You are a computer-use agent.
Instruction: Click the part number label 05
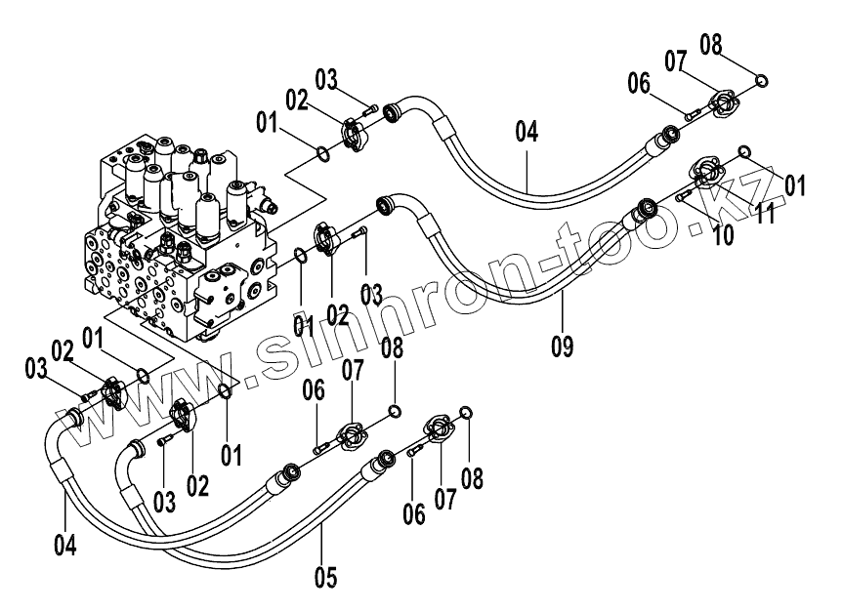click(x=325, y=577)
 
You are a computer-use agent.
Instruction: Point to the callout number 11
click(x=765, y=215)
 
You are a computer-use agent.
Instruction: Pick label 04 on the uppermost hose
click(x=527, y=132)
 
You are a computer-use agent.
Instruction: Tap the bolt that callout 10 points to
click(x=684, y=197)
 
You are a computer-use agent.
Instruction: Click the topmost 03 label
click(x=325, y=78)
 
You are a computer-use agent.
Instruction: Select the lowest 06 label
click(x=413, y=513)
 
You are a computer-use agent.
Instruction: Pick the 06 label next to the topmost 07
click(x=639, y=84)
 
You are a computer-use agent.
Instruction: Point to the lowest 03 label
click(x=163, y=503)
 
